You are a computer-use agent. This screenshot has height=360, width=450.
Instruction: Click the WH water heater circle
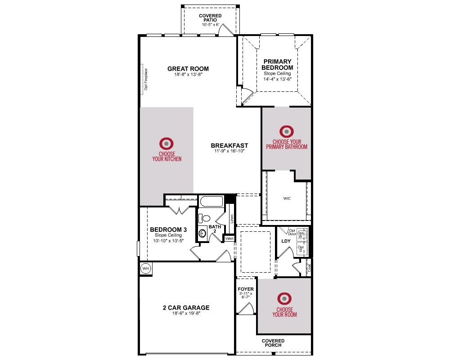point(146,269)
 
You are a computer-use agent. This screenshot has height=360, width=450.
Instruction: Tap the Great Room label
point(188,69)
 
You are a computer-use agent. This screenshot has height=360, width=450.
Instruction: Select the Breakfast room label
point(229,145)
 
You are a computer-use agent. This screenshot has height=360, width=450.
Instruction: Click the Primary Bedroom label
point(277,65)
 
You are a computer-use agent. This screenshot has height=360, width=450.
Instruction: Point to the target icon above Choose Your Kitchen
point(166,143)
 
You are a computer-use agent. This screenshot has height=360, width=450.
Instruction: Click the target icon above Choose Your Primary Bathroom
point(287,131)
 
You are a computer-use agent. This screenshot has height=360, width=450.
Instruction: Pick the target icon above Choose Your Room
point(284,298)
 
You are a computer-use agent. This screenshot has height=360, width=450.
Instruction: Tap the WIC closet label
point(287,198)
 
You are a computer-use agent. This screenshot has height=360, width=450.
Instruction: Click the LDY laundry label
point(286,241)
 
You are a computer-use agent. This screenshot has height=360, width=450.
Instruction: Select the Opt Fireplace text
point(146,79)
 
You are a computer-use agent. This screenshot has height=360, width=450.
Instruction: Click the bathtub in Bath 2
point(211,201)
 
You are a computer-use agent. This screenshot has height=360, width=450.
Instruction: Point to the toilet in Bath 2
point(204,218)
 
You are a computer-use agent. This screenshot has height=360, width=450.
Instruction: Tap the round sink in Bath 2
point(202,233)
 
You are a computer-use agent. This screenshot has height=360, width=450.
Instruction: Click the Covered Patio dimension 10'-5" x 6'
point(210,25)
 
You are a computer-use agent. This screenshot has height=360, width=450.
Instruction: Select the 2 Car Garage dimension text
point(186,313)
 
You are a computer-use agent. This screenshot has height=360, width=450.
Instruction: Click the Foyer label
point(246,289)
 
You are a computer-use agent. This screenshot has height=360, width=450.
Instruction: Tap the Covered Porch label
point(273,343)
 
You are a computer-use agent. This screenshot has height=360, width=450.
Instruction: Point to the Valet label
point(229,238)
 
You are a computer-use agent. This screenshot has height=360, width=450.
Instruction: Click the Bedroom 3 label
point(168,229)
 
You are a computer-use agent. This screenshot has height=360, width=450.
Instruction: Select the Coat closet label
point(309,268)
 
